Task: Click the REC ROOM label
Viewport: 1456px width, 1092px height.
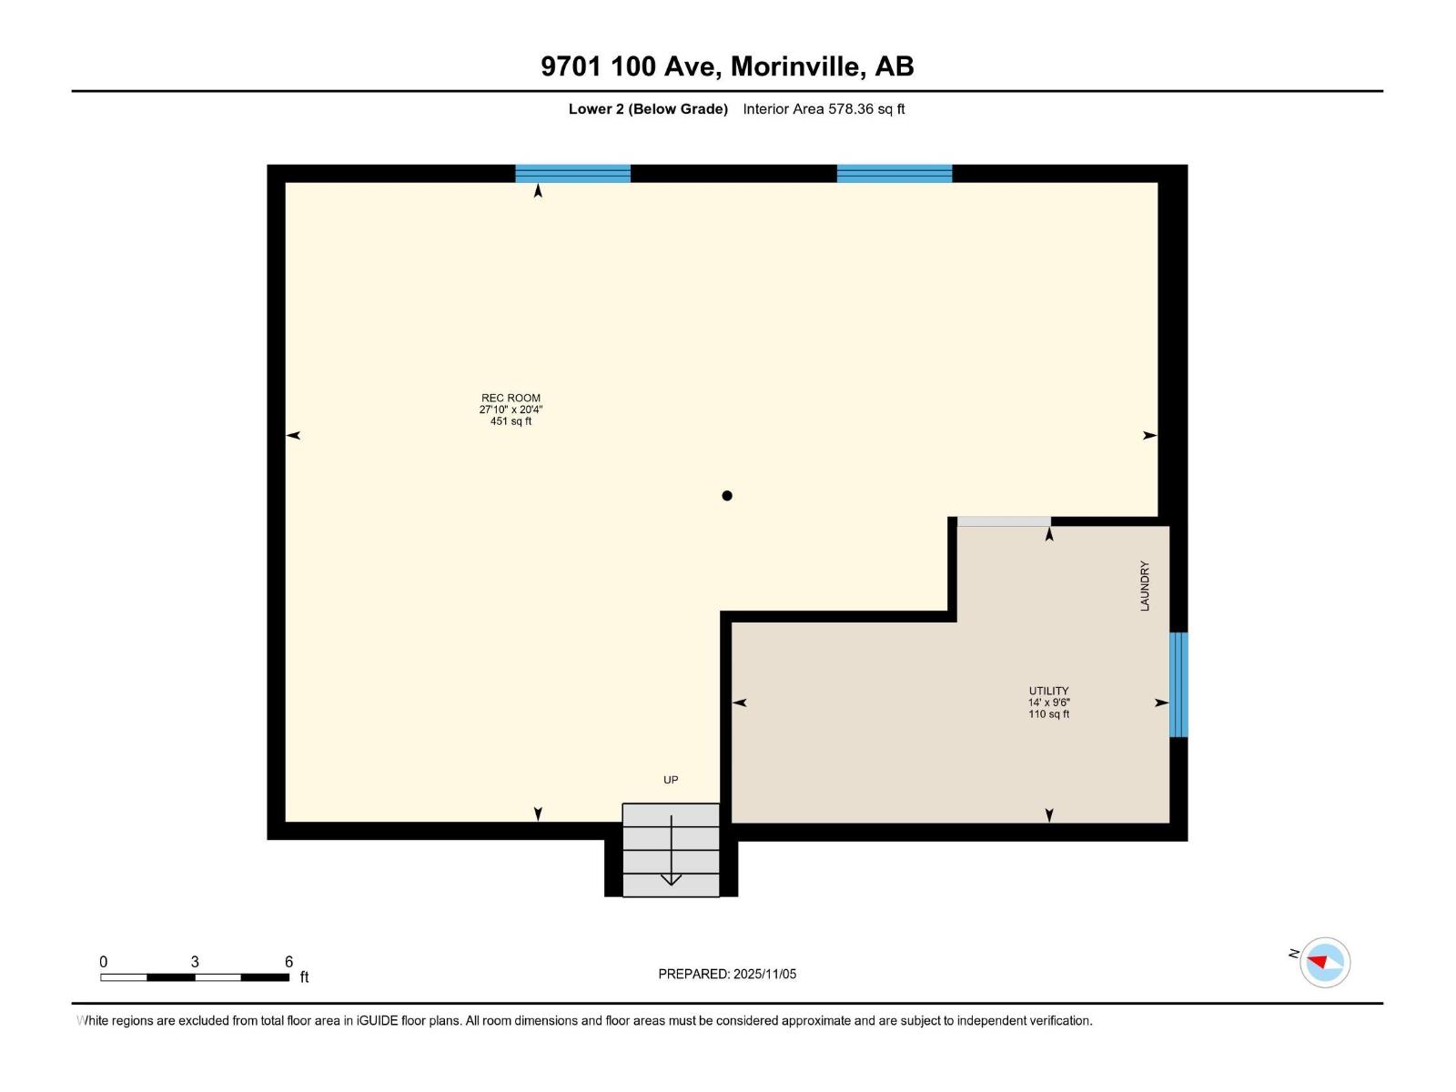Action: tap(511, 398)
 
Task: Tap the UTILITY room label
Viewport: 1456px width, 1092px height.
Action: tap(1048, 691)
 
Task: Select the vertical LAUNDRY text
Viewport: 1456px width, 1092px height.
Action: tap(1145, 586)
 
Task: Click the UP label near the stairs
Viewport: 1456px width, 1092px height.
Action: tap(671, 780)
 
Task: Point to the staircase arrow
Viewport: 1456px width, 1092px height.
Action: tap(671, 852)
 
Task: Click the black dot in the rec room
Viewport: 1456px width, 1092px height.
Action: tap(727, 496)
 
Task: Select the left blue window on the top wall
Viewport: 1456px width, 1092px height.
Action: tap(572, 174)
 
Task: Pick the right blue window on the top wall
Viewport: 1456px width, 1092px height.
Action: tap(894, 174)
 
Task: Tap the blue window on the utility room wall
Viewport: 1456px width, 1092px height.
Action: tap(1178, 684)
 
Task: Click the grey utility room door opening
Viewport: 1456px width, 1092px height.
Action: tap(1004, 521)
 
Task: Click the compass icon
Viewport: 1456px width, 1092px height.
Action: tap(1325, 962)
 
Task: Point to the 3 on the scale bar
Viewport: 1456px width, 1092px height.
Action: tap(195, 962)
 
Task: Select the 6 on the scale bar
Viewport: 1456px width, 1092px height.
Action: tap(288, 962)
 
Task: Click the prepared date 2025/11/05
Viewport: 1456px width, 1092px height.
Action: tap(764, 974)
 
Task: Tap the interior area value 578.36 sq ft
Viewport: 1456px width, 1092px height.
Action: tap(865, 109)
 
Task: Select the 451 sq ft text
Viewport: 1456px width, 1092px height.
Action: tap(511, 421)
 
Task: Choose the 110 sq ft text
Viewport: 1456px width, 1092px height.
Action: tap(1048, 714)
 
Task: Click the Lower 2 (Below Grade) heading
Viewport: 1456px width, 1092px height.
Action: tap(648, 109)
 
